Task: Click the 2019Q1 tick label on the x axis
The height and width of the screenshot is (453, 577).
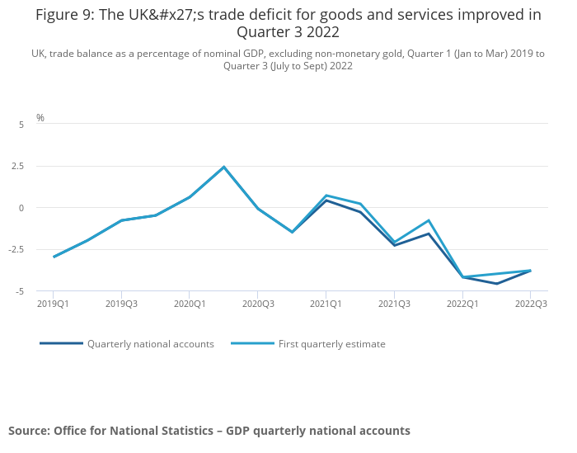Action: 54,304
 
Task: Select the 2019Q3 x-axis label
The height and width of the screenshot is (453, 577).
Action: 121,304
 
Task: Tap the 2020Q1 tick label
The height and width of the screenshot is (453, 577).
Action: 190,304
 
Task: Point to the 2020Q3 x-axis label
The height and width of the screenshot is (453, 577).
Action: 258,304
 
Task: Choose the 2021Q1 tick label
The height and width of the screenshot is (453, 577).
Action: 326,304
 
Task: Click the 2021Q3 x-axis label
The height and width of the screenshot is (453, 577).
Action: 394,304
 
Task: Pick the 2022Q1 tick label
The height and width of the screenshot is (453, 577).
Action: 462,304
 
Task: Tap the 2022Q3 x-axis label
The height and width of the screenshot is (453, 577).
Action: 530,304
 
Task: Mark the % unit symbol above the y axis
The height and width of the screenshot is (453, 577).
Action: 40,118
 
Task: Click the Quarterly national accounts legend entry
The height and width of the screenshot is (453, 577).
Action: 150,344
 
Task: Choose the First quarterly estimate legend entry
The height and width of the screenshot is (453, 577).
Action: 331,344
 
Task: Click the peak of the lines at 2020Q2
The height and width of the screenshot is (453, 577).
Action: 223,167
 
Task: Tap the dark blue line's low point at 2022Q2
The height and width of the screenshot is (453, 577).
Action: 496,284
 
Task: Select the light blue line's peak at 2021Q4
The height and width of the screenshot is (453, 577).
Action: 429,220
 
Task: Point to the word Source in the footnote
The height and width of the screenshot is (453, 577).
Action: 28,431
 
